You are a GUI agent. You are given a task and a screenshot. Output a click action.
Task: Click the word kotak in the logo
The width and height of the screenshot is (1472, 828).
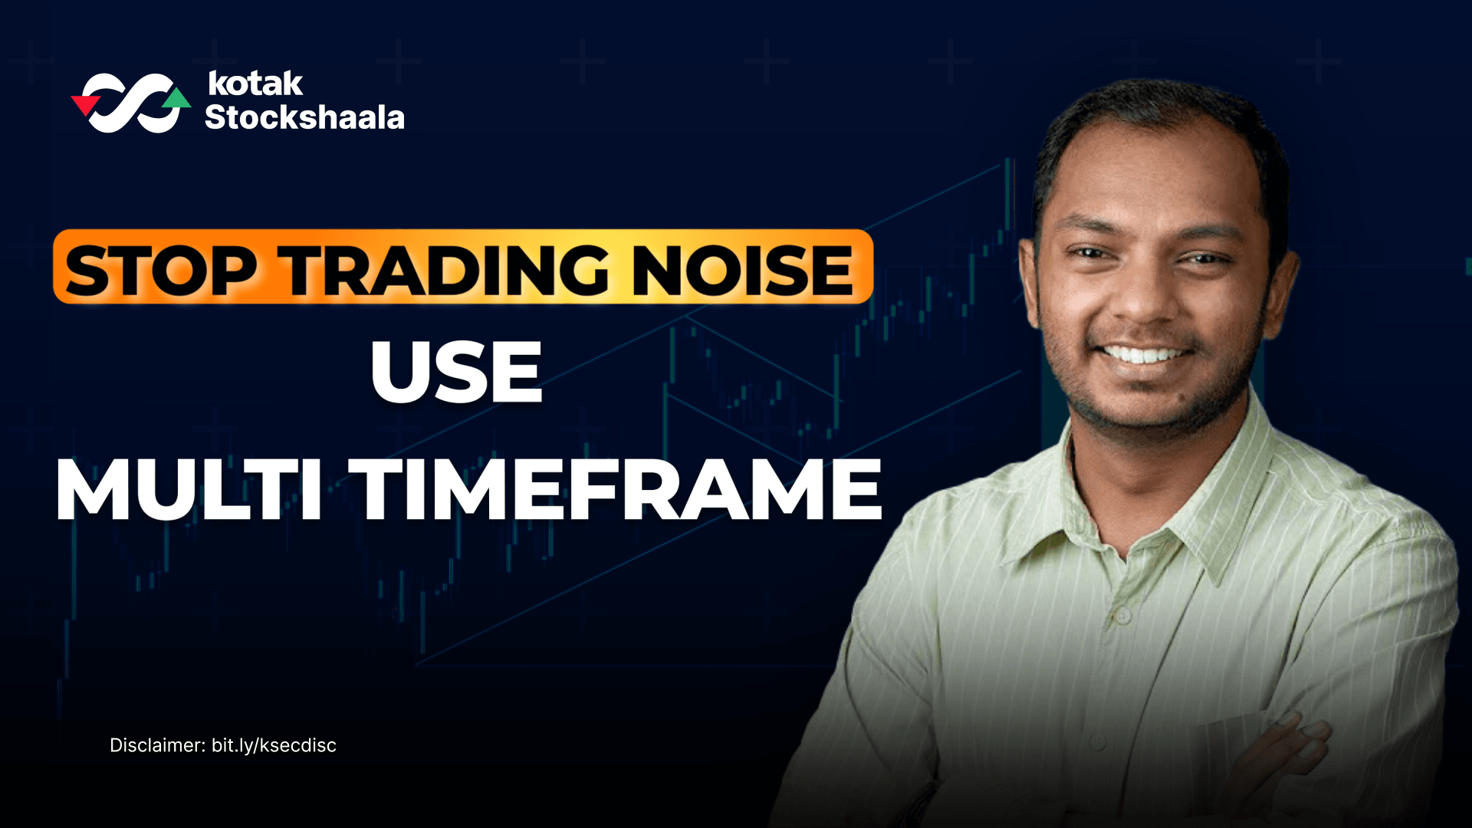pyautogui.click(x=255, y=84)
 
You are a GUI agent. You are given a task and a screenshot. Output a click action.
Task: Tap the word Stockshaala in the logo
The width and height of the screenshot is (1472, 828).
pyautogui.click(x=304, y=117)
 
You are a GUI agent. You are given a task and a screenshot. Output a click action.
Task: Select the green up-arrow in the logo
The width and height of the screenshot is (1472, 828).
pyautogui.click(x=178, y=98)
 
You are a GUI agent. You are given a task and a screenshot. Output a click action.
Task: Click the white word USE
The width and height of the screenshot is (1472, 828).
pyautogui.click(x=457, y=373)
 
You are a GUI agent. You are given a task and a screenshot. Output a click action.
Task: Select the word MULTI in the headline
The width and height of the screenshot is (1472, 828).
pyautogui.click(x=189, y=490)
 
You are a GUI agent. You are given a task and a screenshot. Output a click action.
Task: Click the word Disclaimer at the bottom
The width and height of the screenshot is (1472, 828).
pyautogui.click(x=157, y=745)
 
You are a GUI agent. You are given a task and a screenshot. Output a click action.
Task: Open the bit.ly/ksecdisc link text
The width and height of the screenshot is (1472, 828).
pyautogui.click(x=274, y=745)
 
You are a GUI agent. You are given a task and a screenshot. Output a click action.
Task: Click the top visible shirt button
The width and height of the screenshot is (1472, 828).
pyautogui.click(x=1122, y=616)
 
